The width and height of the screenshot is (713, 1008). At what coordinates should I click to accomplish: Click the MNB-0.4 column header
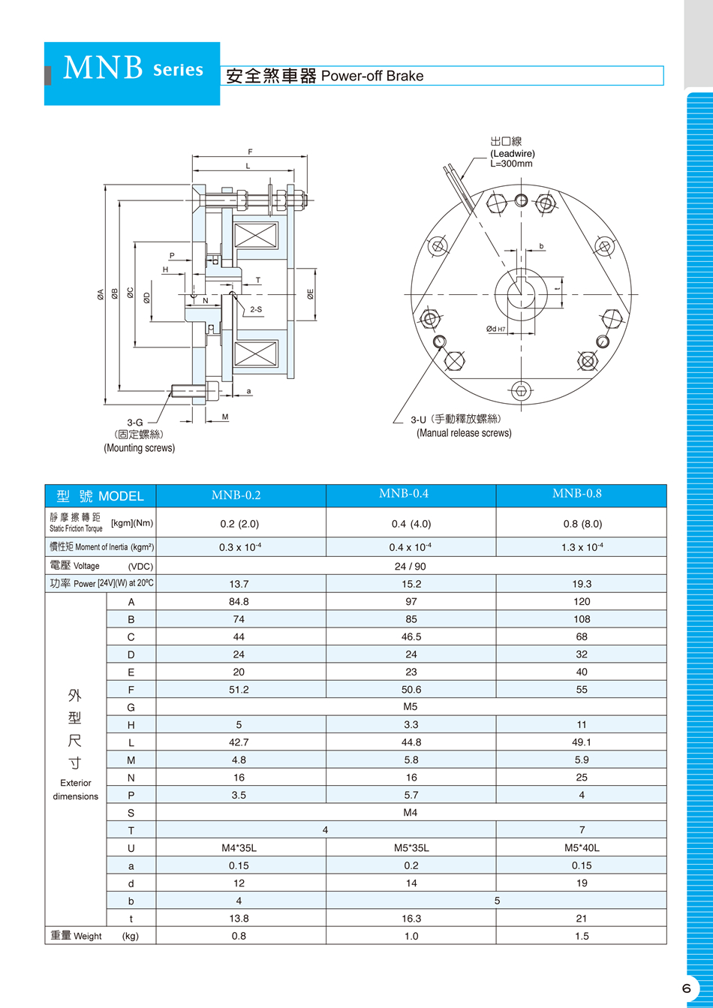(x=411, y=494)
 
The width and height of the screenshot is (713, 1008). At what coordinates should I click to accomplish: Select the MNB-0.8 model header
(x=581, y=494)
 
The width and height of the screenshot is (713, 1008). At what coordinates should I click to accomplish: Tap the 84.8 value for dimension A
(x=239, y=601)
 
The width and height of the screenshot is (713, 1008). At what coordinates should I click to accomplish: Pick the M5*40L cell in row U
(x=581, y=847)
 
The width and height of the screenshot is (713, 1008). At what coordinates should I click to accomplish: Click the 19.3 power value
(x=581, y=583)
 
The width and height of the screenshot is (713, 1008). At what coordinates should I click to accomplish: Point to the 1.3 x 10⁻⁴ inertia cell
(x=581, y=547)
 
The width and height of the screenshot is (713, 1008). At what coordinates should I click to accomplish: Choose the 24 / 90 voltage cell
(x=411, y=566)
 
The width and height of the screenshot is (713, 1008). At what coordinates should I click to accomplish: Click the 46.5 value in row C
(x=411, y=636)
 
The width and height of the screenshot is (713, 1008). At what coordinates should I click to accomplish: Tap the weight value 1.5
(x=581, y=936)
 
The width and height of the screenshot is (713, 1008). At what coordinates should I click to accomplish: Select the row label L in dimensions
(x=131, y=742)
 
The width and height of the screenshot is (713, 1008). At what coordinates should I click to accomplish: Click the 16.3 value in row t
(x=411, y=918)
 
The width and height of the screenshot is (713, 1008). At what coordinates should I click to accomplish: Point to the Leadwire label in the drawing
(x=512, y=153)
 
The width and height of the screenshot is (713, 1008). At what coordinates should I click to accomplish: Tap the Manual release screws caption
(x=464, y=433)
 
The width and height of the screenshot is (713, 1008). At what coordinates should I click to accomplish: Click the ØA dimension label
(x=100, y=296)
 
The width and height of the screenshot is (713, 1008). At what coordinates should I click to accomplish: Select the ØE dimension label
(x=310, y=296)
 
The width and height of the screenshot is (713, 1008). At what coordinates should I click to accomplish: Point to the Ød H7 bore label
(x=496, y=329)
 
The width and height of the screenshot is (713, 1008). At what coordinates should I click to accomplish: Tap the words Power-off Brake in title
(x=372, y=76)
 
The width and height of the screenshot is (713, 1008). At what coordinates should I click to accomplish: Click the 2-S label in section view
(x=256, y=309)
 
